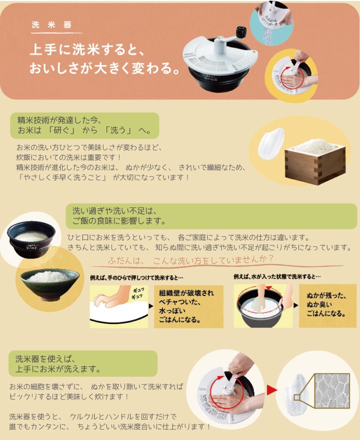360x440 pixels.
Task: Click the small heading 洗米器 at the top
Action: click(x=51, y=24)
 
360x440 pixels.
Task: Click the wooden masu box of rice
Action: click(x=315, y=162)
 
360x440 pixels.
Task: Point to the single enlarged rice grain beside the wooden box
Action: click(x=271, y=143)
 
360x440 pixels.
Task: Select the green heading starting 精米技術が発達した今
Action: click(x=84, y=125)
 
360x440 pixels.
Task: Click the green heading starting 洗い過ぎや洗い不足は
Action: click(x=211, y=216)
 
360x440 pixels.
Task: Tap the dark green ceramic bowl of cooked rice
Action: click(x=49, y=283)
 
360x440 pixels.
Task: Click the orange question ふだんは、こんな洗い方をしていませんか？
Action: click(x=190, y=260)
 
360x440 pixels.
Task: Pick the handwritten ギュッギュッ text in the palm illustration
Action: click(x=138, y=293)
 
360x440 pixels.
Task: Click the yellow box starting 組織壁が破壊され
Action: click(x=188, y=306)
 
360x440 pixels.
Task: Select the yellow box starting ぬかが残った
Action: click(x=327, y=305)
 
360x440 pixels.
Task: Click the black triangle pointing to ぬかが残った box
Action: click(x=295, y=305)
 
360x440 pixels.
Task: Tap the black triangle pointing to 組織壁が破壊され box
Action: click(x=151, y=306)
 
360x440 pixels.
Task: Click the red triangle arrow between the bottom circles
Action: click(x=271, y=390)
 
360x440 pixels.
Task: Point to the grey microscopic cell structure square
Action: click(x=332, y=391)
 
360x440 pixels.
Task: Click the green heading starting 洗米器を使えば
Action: click(x=83, y=363)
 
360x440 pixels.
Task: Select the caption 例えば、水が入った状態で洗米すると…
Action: click(x=277, y=276)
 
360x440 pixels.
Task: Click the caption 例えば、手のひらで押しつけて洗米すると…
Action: click(x=136, y=278)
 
